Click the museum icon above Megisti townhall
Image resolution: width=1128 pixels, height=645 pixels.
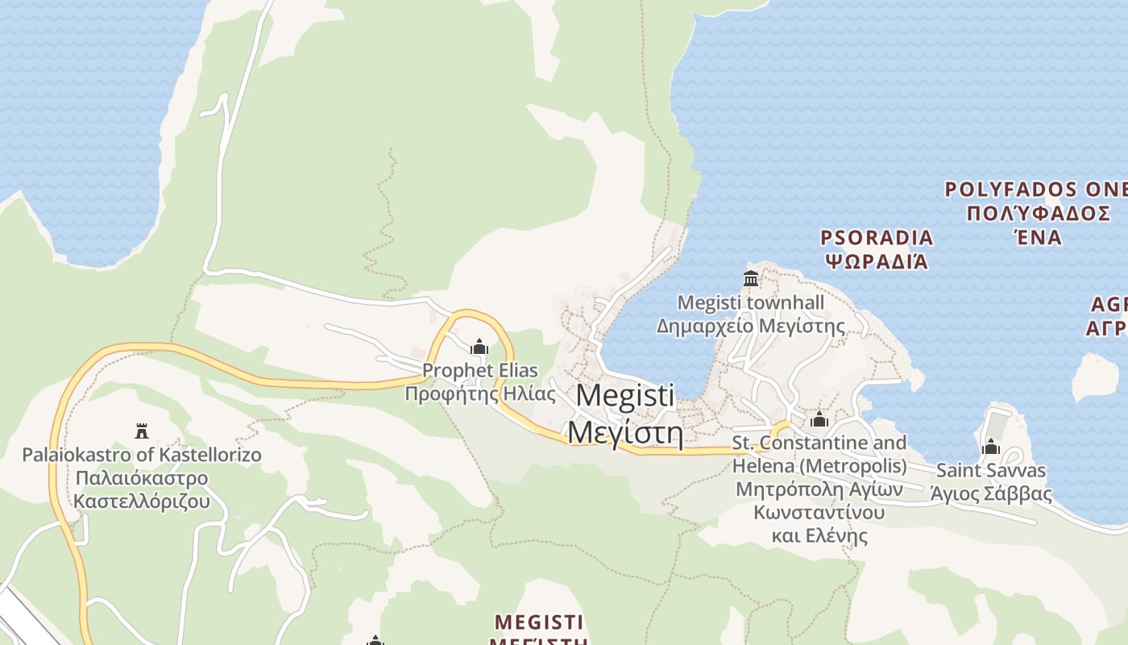tap(751, 279)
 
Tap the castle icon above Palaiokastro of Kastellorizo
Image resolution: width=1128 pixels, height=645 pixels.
tap(142, 431)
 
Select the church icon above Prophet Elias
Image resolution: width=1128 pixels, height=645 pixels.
tap(479, 347)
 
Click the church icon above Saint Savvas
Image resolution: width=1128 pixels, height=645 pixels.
tap(990, 447)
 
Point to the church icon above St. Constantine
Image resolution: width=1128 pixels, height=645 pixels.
tap(819, 419)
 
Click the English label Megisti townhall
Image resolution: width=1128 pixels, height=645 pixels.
tap(750, 303)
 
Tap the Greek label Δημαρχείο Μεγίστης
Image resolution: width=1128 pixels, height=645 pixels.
tap(750, 327)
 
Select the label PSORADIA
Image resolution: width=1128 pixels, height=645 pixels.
tap(877, 238)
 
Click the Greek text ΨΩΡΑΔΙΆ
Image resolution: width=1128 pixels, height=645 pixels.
tap(877, 262)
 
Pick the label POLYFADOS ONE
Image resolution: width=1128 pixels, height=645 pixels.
tap(1035, 190)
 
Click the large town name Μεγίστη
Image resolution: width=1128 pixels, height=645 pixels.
tap(625, 434)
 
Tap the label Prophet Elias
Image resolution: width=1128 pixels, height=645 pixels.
tap(480, 372)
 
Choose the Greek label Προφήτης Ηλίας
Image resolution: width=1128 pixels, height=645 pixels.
tap(480, 394)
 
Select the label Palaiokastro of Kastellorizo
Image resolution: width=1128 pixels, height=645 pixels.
tap(142, 455)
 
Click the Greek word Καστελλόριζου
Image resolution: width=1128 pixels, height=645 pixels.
tap(142, 501)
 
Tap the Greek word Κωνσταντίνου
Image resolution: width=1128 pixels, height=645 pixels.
tap(819, 513)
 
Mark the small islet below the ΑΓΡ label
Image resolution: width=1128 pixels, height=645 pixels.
tap(1095, 377)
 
